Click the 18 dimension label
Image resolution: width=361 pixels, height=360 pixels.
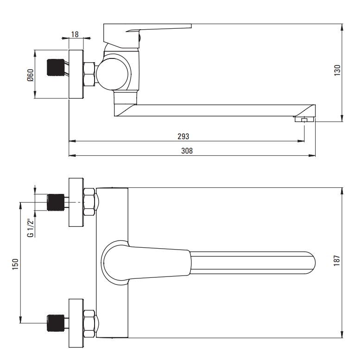pyautogui.click(x=75, y=34)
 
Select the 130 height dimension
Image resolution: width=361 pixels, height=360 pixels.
pyautogui.click(x=337, y=71)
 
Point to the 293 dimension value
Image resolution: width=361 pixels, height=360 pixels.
pyautogui.click(x=183, y=136)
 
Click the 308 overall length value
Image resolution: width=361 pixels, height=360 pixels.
pyautogui.click(x=187, y=151)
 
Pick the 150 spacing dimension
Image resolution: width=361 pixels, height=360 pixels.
pyautogui.click(x=15, y=264)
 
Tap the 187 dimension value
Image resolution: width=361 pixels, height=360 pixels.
pyautogui.click(x=337, y=261)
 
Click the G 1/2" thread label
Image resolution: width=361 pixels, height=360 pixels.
pyautogui.click(x=31, y=228)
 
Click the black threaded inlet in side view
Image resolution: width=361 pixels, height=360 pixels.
pyautogui.click(x=56, y=68)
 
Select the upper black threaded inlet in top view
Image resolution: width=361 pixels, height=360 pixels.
pyautogui.click(x=56, y=203)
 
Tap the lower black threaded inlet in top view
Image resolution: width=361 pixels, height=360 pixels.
pyautogui.click(x=56, y=323)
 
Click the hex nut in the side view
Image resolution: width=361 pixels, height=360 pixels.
pyautogui.click(x=89, y=74)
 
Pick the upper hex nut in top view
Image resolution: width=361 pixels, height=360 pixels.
pyautogui.click(x=89, y=202)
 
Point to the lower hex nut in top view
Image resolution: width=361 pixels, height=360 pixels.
pyautogui.click(x=89, y=324)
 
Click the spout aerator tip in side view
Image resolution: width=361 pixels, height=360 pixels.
pyautogui.click(x=305, y=119)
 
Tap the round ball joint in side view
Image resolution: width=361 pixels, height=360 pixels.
pyautogui.click(x=112, y=74)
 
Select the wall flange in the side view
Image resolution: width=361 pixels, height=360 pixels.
pyautogui.click(x=76, y=74)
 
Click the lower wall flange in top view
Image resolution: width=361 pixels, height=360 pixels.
pyautogui.click(x=76, y=323)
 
